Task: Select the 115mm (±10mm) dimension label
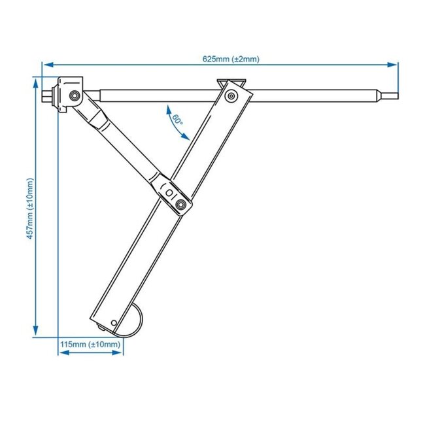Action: (90, 344)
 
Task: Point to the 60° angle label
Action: (177, 120)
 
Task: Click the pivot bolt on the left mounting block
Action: (73, 97)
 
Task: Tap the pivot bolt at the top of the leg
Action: (230, 97)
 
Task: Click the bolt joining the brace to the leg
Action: (181, 206)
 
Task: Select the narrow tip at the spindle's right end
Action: (390, 97)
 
